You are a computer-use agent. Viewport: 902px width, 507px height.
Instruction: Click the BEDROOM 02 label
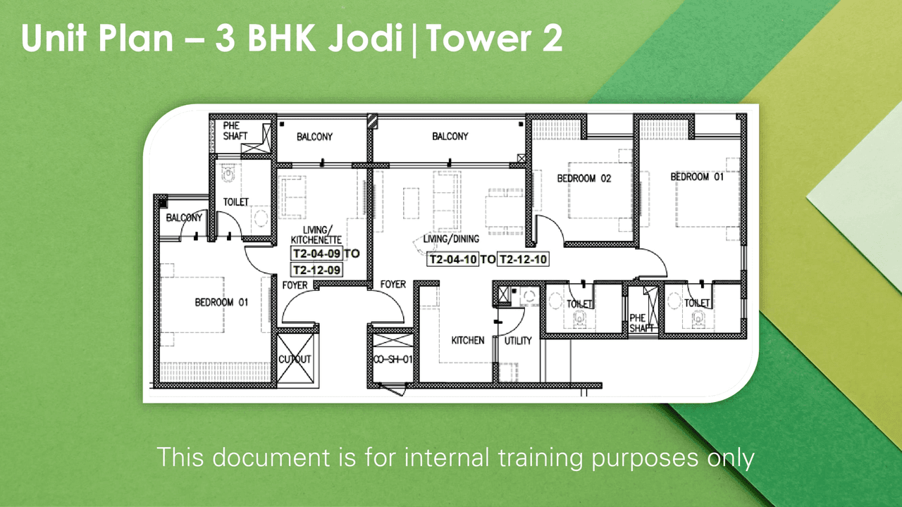click(583, 179)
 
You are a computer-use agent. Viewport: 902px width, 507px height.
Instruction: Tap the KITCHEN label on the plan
click(468, 341)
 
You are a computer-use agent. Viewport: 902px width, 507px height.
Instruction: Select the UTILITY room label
click(518, 341)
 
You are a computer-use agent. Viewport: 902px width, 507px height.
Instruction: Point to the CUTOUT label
click(295, 359)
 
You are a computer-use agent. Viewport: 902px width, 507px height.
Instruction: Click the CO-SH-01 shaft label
click(393, 360)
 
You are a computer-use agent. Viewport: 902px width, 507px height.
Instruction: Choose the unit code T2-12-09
click(317, 270)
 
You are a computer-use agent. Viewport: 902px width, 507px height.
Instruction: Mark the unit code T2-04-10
click(453, 259)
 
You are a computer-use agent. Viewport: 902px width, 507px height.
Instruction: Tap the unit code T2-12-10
click(523, 259)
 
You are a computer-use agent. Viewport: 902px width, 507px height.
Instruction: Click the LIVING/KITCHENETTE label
click(316, 235)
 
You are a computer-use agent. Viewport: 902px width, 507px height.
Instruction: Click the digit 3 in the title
click(225, 39)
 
